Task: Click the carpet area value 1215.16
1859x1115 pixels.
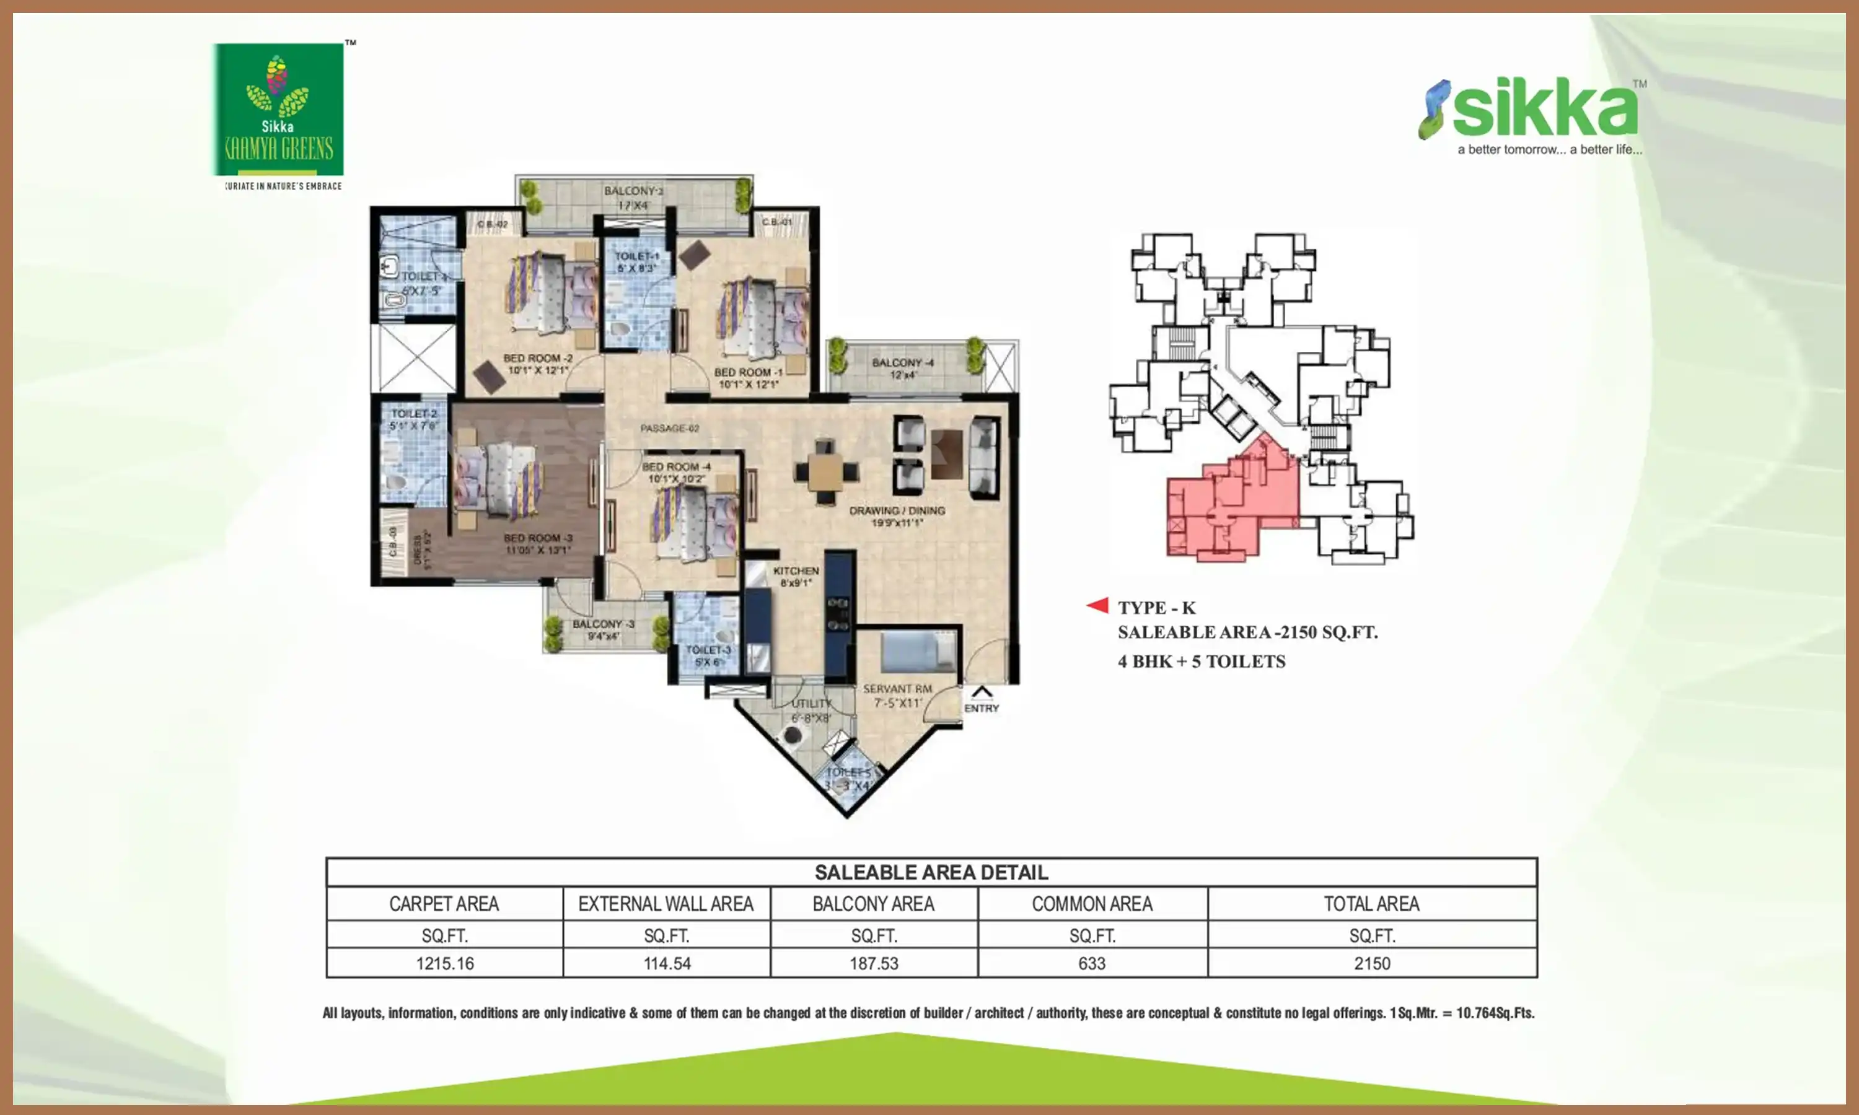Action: [x=445, y=963]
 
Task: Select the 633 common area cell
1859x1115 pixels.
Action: [x=1092, y=963]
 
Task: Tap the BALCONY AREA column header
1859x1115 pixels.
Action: [x=873, y=904]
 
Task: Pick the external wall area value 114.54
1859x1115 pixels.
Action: [x=667, y=963]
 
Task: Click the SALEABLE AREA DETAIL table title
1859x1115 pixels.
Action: [x=931, y=872]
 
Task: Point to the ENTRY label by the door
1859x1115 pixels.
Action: [x=982, y=708]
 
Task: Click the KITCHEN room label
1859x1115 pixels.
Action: [x=796, y=571]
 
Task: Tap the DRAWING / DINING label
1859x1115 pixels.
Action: [x=897, y=511]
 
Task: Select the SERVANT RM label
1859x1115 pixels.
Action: [x=897, y=689]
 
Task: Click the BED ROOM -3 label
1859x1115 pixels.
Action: [x=538, y=538]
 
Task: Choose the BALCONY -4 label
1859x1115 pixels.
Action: [x=902, y=363]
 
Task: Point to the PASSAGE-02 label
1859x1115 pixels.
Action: [x=669, y=428]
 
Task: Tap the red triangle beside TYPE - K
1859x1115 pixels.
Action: [x=1098, y=605]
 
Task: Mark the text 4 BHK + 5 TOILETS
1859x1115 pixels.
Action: [x=1202, y=661]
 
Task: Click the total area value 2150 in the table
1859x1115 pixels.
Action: [x=1372, y=963]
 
